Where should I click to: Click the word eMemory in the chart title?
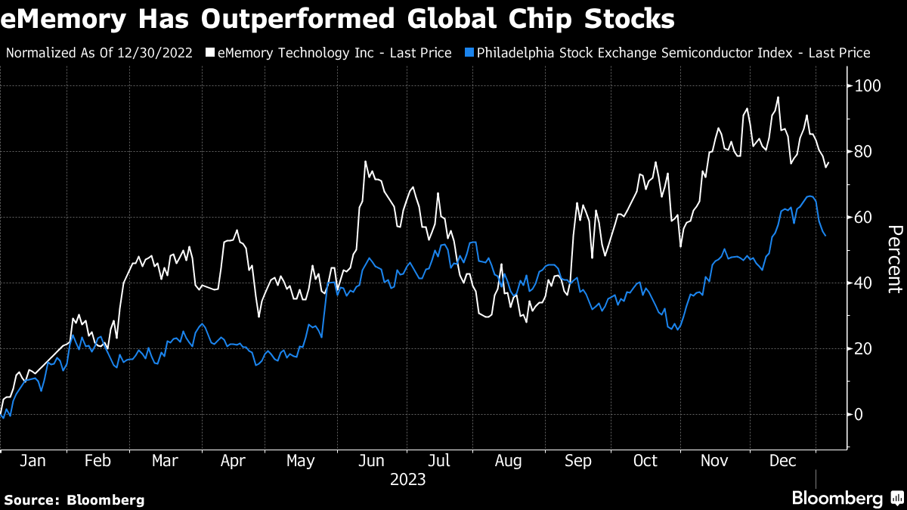click(x=63, y=18)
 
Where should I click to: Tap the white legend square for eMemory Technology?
click(x=209, y=53)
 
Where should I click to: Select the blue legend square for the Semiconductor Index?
click(x=469, y=53)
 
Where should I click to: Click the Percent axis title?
click(x=894, y=259)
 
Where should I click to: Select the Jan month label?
click(x=30, y=461)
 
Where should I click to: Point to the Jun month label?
click(x=372, y=461)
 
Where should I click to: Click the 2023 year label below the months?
click(x=407, y=480)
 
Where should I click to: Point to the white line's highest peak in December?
click(x=778, y=97)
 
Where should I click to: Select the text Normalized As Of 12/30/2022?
click(x=99, y=53)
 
